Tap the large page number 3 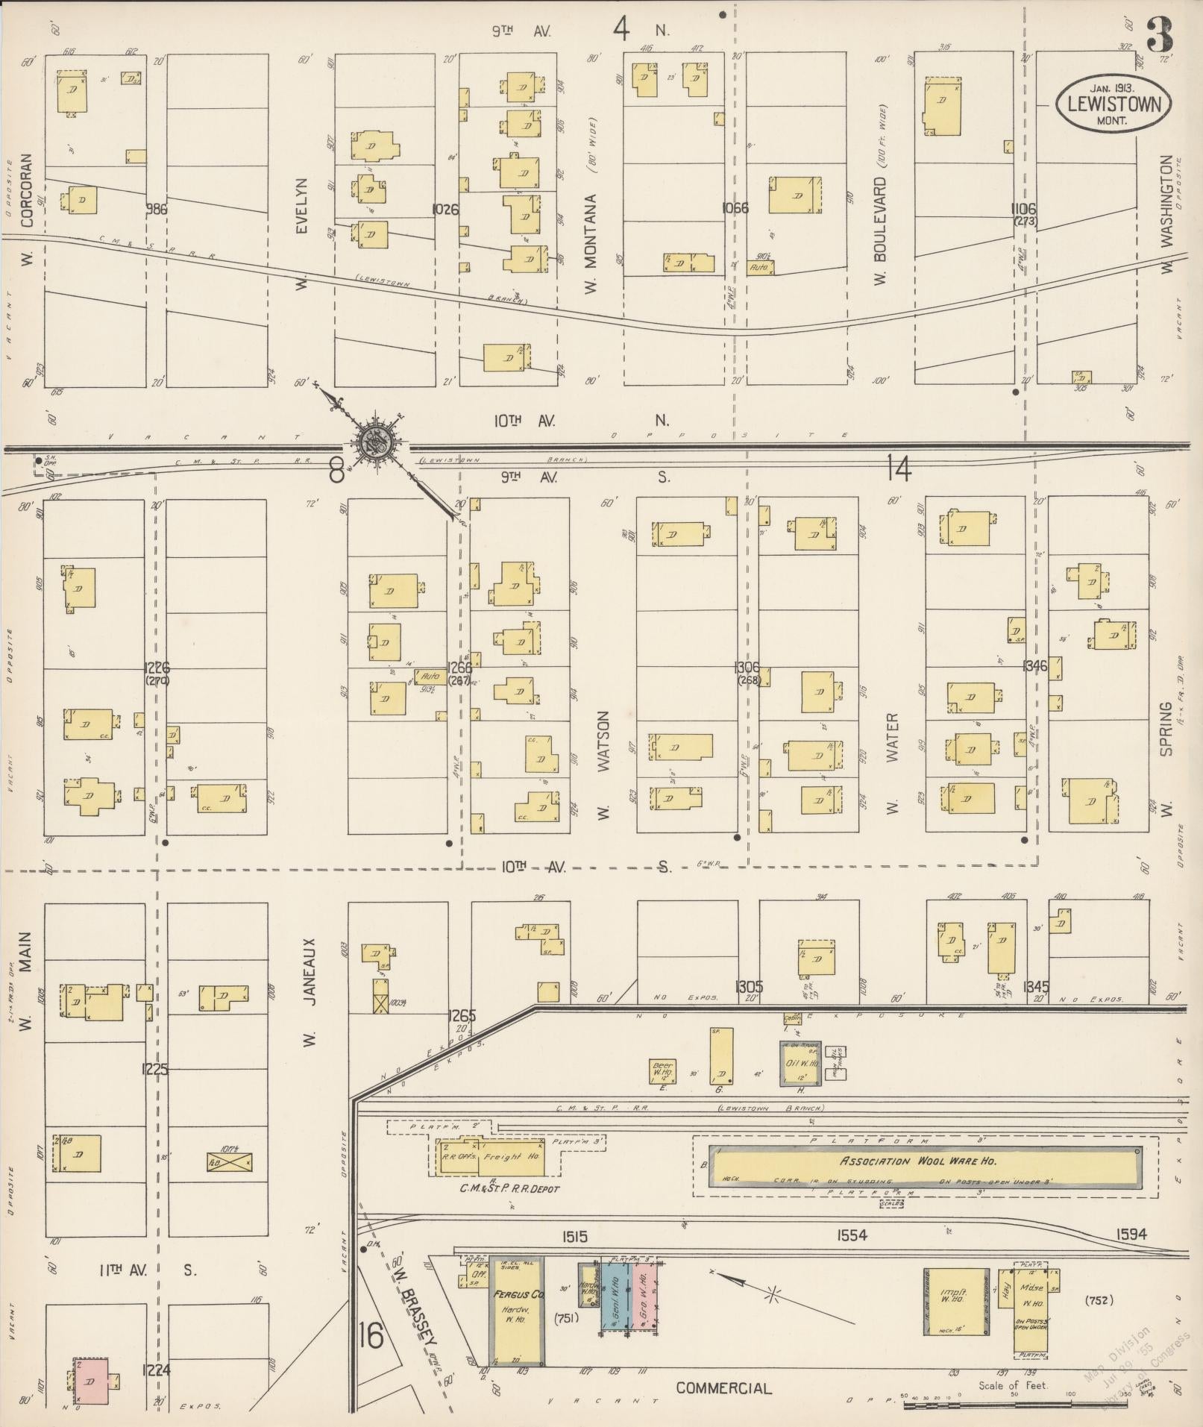[x=1159, y=34]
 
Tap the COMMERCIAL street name [x=723, y=1388]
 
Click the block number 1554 [x=851, y=1235]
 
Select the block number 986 [x=157, y=210]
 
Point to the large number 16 [x=371, y=1335]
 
